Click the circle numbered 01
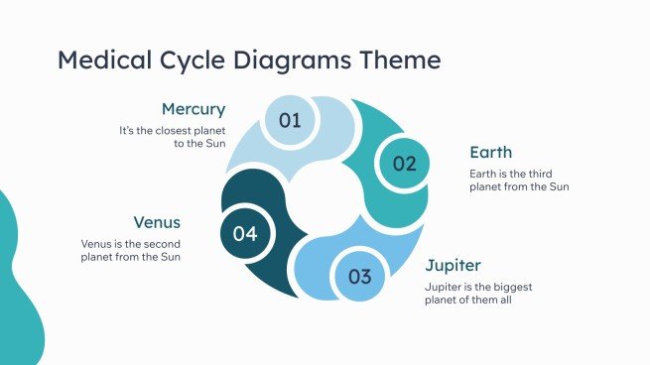290,121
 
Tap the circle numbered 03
359,277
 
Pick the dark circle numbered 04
245,234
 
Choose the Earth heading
490,153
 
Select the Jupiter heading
454,266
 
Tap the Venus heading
157,222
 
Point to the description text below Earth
519,180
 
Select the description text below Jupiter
485,293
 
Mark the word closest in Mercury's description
174,130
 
